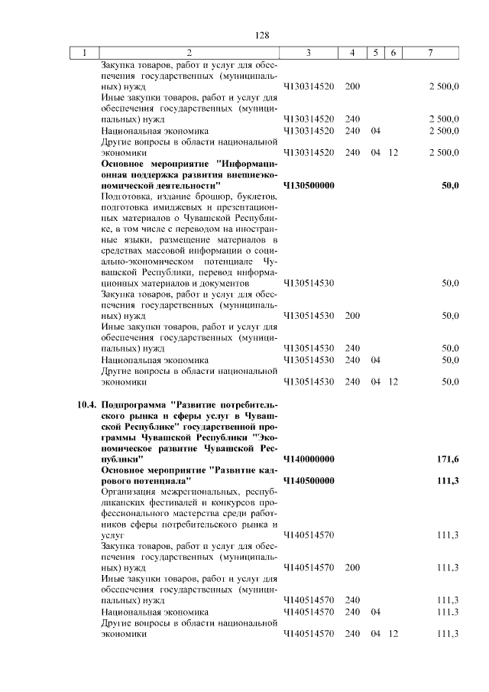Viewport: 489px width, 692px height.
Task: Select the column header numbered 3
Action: (308, 53)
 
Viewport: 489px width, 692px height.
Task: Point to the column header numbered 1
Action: (85, 53)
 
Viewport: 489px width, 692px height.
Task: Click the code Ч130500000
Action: (309, 185)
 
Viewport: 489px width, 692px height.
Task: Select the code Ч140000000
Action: (309, 459)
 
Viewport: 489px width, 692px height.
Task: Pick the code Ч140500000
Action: (309, 480)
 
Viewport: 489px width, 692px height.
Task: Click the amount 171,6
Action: (447, 459)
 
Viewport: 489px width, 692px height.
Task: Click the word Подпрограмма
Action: (135, 405)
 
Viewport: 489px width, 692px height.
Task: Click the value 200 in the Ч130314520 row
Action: (352, 86)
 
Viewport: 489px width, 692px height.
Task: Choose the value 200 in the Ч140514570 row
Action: (352, 568)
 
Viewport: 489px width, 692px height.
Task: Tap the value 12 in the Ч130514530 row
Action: (393, 382)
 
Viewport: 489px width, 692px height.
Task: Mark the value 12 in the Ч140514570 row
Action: (393, 634)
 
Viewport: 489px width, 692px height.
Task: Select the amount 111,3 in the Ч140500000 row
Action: (447, 480)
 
